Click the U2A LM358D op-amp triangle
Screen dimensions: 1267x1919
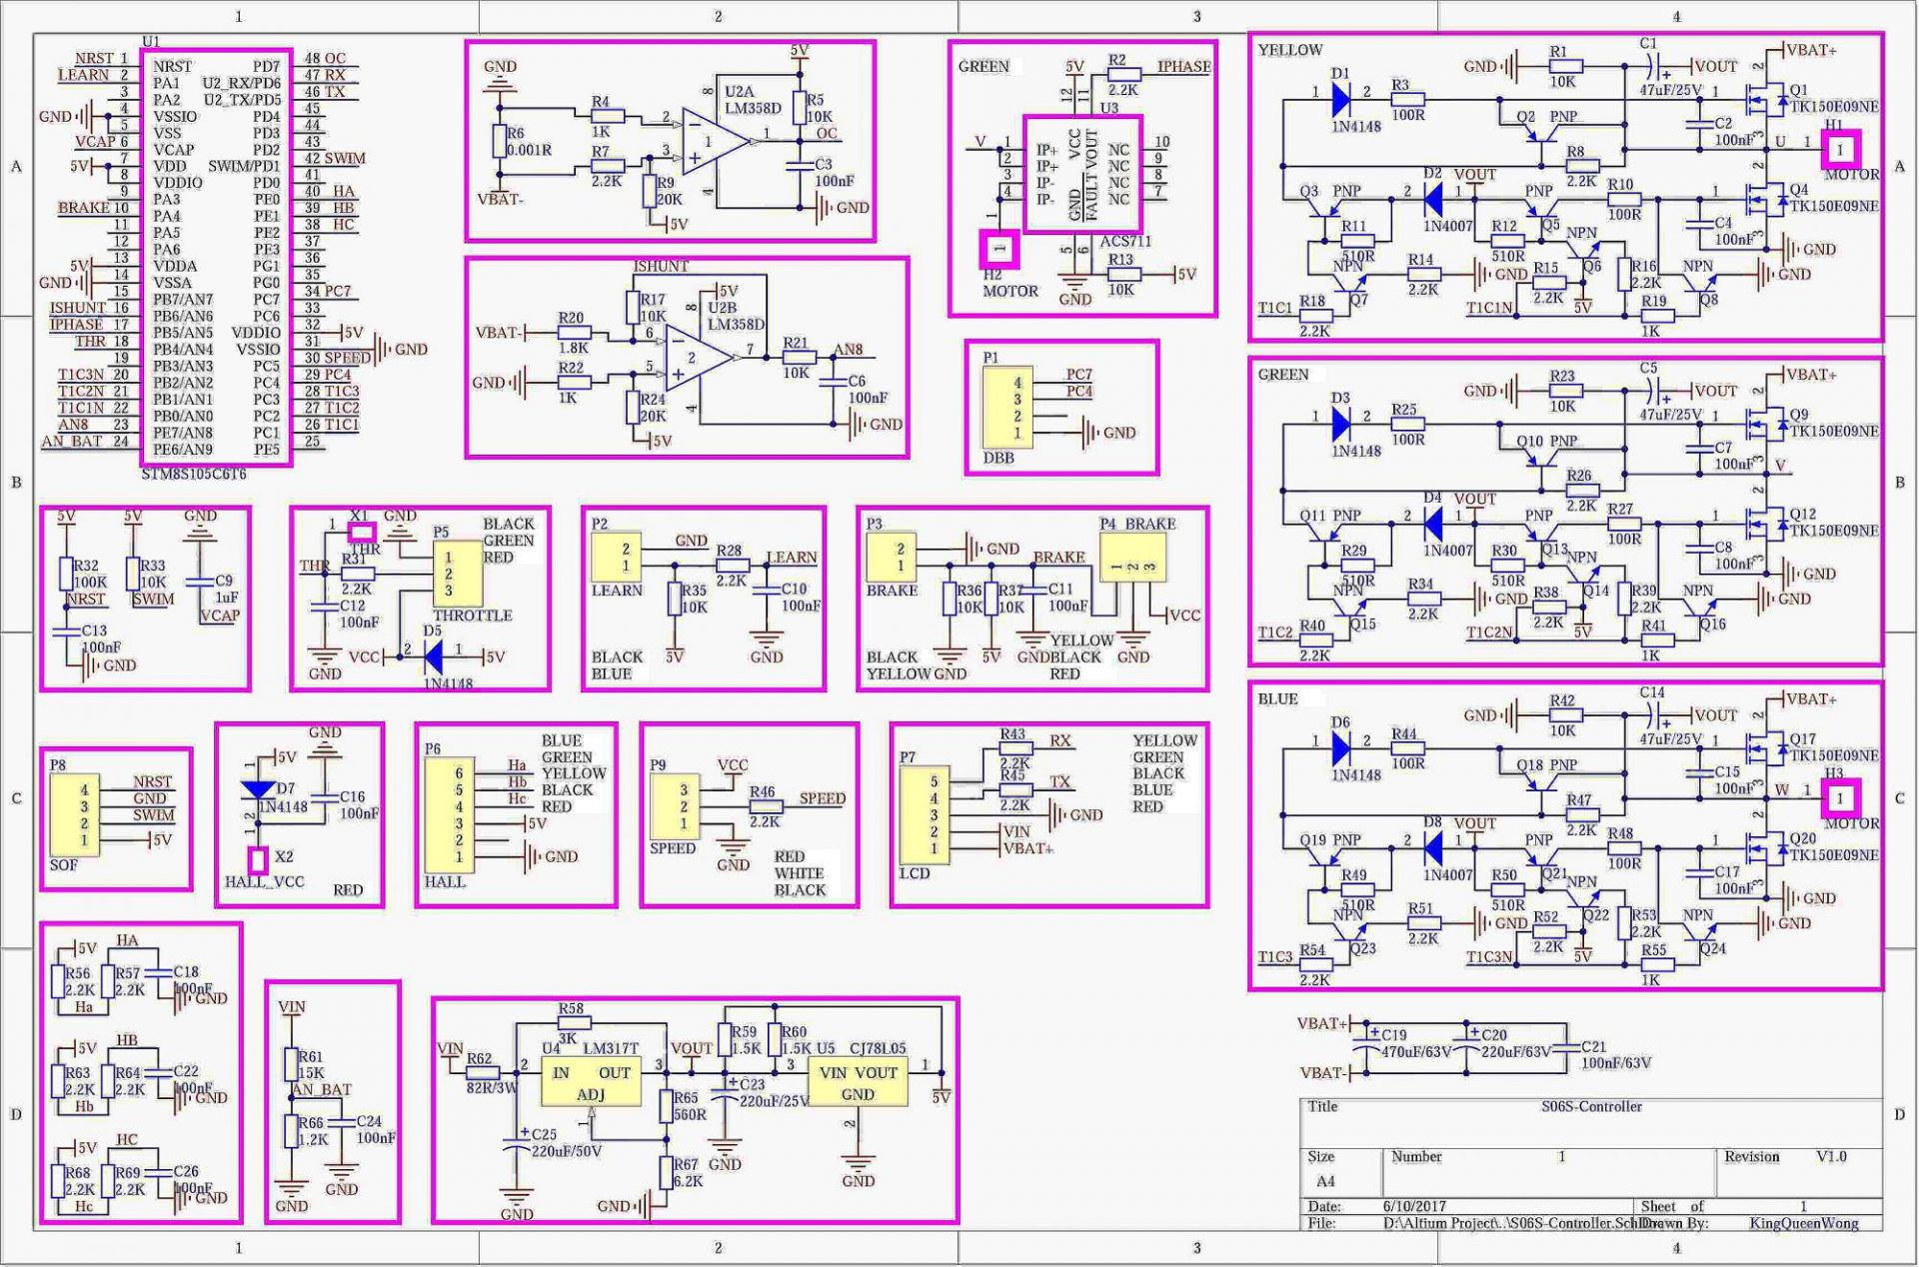point(712,143)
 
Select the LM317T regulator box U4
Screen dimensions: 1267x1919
point(591,1082)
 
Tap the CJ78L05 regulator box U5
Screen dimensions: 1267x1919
point(858,1082)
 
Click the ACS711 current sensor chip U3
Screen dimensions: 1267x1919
point(1082,174)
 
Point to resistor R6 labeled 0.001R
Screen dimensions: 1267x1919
point(500,142)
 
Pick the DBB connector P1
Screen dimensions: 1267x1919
point(1007,407)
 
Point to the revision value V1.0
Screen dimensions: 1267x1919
point(1831,1157)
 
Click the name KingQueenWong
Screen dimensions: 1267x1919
point(1803,1223)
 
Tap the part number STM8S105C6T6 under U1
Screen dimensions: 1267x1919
point(193,475)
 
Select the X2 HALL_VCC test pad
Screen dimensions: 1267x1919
point(258,859)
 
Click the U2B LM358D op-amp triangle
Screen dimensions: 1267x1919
point(696,358)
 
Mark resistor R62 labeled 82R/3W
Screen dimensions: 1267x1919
point(484,1073)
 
